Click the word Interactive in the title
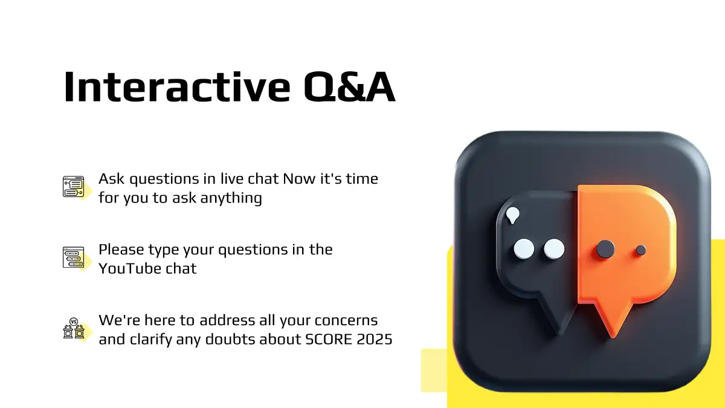(177, 87)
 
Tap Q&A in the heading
(350, 87)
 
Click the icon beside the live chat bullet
(74, 187)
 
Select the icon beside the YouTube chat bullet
(74, 257)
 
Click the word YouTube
(129, 268)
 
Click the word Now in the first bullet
(299, 179)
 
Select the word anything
(231, 198)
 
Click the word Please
(121, 250)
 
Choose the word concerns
(346, 320)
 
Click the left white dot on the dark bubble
(524, 248)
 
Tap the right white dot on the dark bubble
(554, 248)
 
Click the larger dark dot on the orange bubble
(605, 249)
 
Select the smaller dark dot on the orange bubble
(641, 250)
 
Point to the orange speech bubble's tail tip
(613, 337)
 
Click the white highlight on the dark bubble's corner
(513, 215)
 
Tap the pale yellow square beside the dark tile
(434, 370)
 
